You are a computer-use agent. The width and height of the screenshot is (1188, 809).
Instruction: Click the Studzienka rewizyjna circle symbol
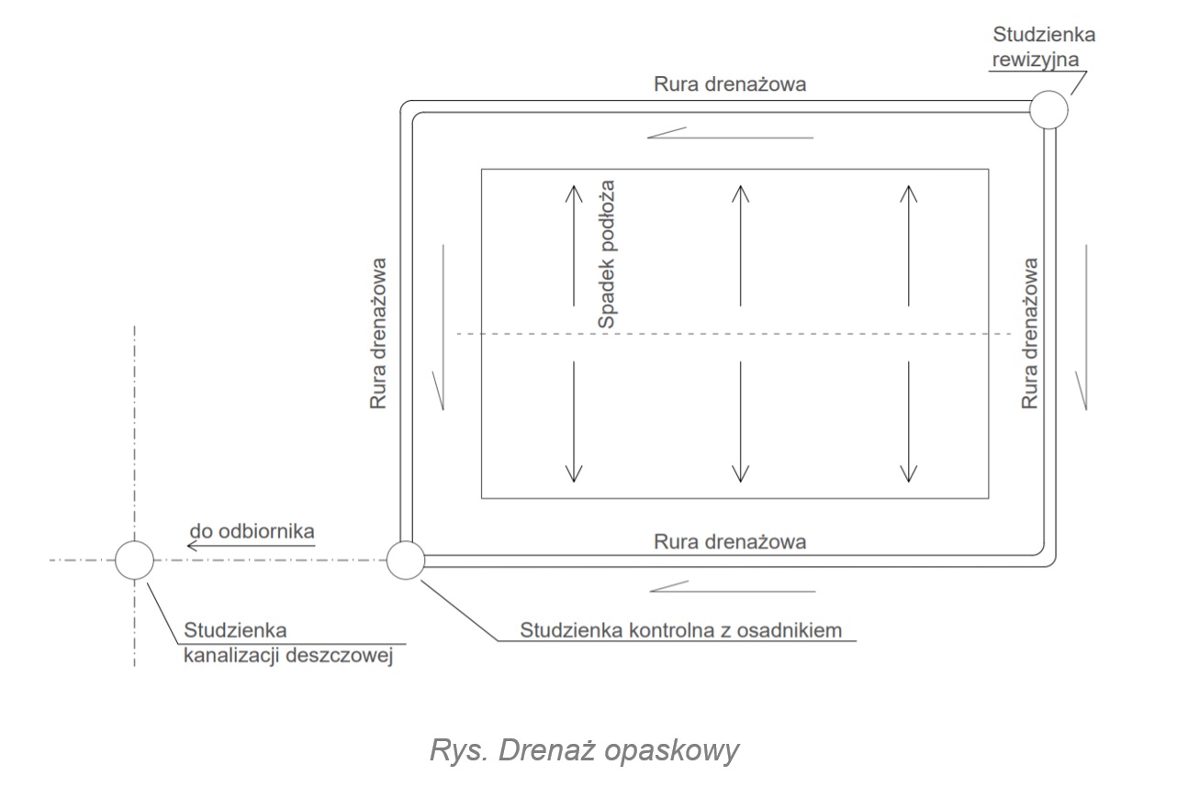(1048, 110)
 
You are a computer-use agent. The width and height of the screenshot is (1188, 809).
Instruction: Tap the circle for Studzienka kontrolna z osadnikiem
(405, 560)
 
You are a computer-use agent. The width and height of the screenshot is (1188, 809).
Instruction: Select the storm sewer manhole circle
(134, 560)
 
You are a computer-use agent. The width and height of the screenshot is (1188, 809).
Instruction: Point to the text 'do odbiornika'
(252, 531)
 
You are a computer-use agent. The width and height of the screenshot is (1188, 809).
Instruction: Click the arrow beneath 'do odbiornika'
(251, 548)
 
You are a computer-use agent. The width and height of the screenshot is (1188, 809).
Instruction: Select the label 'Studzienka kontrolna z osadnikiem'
(681, 630)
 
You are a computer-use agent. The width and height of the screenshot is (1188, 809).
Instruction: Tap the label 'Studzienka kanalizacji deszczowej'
(288, 643)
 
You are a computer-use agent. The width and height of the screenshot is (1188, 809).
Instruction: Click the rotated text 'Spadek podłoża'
(606, 255)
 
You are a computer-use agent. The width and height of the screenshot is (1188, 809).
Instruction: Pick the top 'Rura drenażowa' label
(730, 84)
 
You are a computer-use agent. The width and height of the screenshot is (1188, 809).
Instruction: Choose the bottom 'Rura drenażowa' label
(730, 541)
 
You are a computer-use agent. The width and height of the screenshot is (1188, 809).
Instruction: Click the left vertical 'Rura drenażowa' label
(378, 333)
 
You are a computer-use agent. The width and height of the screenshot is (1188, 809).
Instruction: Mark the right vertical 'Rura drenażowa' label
(1030, 333)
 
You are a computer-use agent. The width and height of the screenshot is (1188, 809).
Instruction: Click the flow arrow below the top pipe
(730, 134)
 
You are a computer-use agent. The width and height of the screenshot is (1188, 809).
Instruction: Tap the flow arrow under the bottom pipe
(732, 587)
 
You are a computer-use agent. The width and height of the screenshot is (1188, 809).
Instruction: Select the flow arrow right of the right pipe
(1086, 327)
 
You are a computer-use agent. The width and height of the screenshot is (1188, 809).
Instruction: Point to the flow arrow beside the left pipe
(443, 327)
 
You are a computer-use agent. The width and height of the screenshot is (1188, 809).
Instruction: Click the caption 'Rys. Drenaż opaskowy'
(584, 750)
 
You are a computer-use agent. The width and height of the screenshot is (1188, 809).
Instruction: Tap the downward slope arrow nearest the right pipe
(909, 421)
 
